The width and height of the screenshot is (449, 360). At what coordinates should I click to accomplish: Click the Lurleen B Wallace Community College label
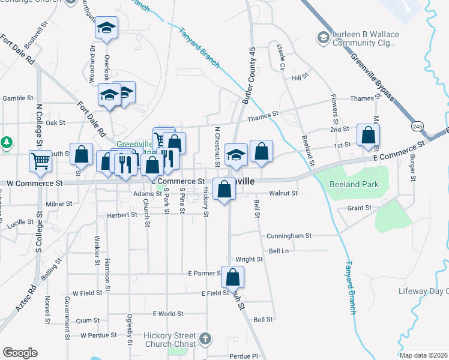click(x=358, y=39)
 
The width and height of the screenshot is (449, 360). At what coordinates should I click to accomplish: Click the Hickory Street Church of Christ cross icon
click(x=206, y=338)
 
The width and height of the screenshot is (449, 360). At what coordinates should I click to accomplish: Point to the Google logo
click(x=20, y=353)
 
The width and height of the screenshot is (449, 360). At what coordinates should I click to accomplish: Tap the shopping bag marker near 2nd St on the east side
click(x=368, y=135)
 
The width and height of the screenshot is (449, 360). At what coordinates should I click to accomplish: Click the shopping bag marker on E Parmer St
click(x=232, y=277)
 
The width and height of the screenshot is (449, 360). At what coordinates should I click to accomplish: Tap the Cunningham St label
click(x=291, y=236)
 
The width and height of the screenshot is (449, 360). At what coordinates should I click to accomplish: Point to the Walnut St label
click(x=283, y=193)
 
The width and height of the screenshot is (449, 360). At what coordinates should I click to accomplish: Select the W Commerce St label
click(x=34, y=182)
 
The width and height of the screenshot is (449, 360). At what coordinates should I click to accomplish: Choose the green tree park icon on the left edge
click(x=6, y=143)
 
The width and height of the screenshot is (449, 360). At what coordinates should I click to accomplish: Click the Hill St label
click(x=299, y=77)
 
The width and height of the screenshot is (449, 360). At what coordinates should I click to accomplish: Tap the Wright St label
click(x=249, y=260)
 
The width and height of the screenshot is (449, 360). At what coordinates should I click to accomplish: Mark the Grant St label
click(x=359, y=208)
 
